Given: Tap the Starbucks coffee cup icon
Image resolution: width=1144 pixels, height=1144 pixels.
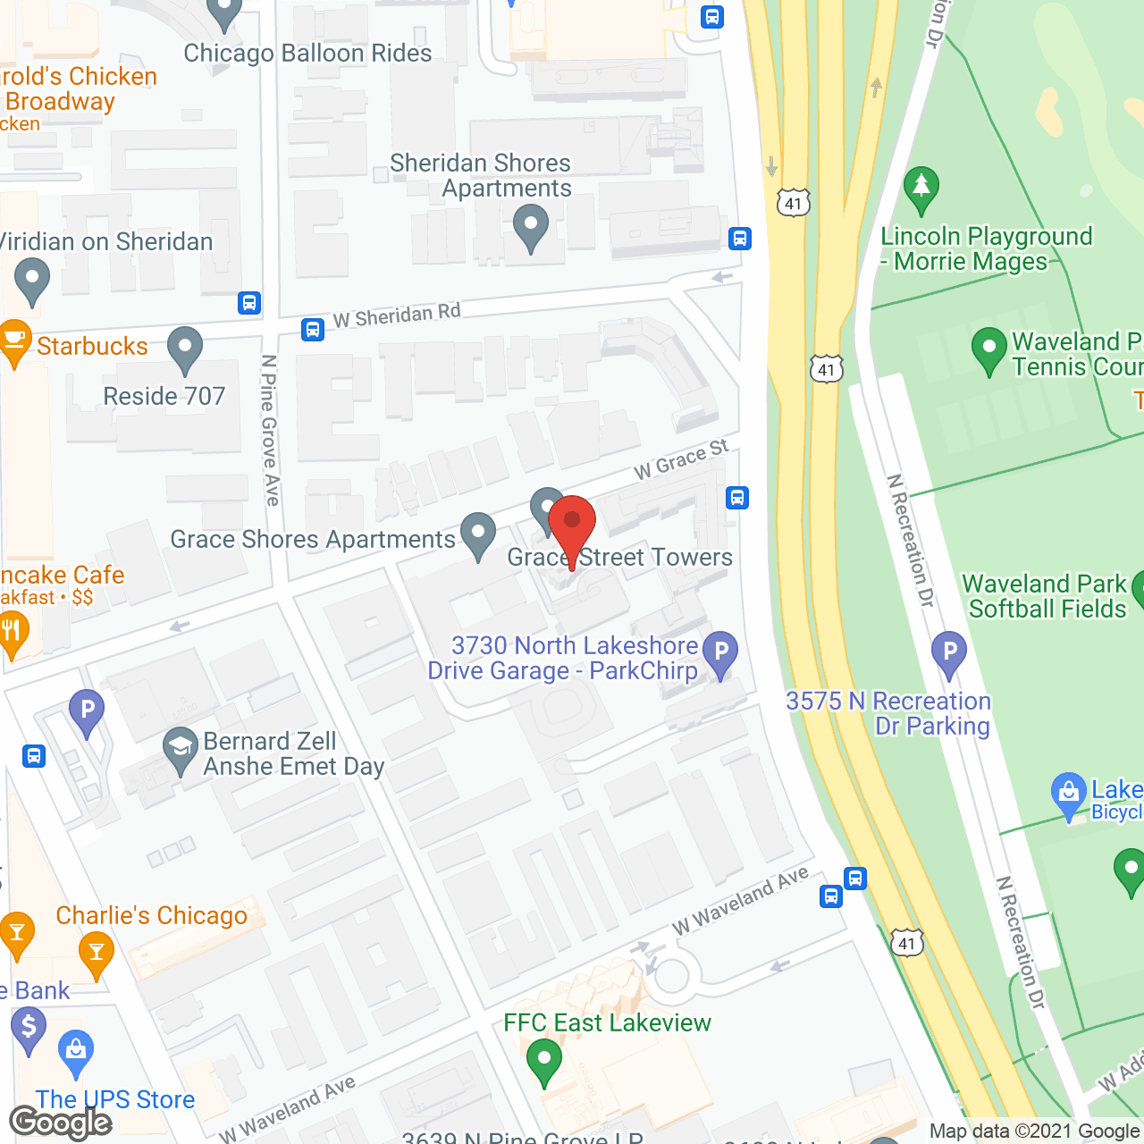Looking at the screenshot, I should click(13, 341).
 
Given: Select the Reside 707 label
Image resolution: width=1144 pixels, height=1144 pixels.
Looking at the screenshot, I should click(164, 396).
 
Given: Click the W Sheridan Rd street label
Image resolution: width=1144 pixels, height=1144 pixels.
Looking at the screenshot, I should click(397, 315).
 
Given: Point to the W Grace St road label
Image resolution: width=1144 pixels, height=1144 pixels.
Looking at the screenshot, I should click(681, 459).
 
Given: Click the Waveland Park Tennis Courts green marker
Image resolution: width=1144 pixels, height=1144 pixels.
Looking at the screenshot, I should click(988, 349).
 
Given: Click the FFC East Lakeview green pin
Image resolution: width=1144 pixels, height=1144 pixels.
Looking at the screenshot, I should click(544, 1062).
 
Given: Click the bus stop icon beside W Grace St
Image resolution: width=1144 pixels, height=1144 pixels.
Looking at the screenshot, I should click(737, 498).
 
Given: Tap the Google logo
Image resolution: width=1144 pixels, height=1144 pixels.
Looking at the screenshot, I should click(60, 1123).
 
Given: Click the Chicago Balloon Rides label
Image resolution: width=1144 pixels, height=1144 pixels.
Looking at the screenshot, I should click(307, 54).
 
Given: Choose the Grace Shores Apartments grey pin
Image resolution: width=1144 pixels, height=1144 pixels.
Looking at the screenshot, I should click(478, 534).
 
